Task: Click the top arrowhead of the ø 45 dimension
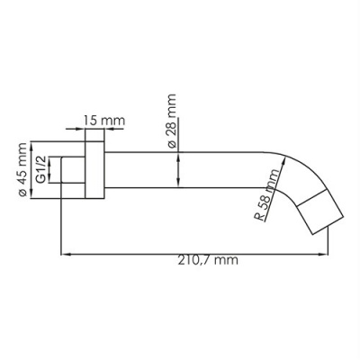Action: pyautogui.click(x=32, y=144)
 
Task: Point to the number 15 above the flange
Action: pyautogui.click(x=89, y=119)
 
